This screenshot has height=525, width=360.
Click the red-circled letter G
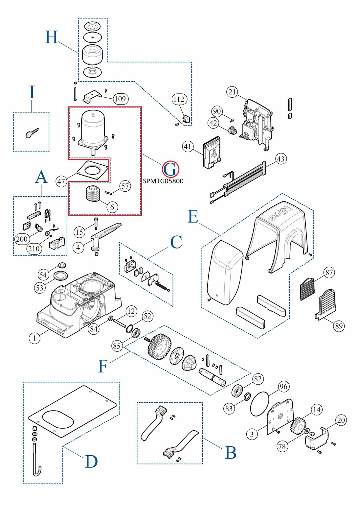point(170,170)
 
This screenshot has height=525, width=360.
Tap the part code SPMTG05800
point(163,181)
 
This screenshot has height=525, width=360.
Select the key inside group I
point(32,133)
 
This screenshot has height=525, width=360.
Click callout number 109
point(120,99)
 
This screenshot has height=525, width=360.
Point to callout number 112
point(179,99)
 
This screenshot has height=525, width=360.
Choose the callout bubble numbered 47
point(61,181)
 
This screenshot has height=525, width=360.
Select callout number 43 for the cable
point(280,159)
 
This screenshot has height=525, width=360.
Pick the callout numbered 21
point(233,92)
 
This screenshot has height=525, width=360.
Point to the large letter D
point(91,462)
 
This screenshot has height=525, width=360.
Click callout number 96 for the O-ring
point(283,387)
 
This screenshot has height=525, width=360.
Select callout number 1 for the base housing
point(34,338)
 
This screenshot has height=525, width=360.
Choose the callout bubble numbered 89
point(339,326)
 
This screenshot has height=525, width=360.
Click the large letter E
point(193,217)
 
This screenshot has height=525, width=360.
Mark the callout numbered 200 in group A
point(22,239)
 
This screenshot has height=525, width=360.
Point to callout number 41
point(188,146)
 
